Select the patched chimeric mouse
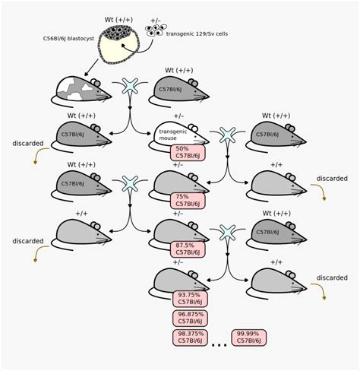[x=80, y=90]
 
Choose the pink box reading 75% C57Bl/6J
[x=188, y=200]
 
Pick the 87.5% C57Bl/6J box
[x=188, y=250]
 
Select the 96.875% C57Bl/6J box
[x=190, y=318]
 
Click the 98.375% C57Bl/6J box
[x=190, y=337]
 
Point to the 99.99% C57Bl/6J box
[x=250, y=337]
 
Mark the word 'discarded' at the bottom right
[x=332, y=277]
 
